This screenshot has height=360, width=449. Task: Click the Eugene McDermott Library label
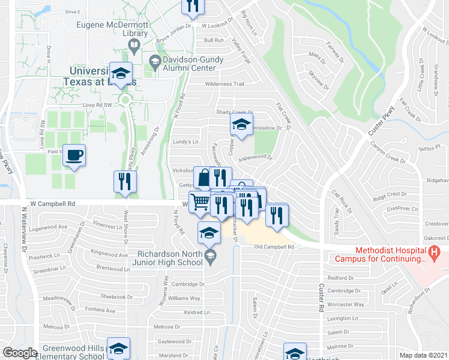[x=112, y=30]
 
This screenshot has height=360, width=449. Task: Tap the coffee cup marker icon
[x=74, y=155]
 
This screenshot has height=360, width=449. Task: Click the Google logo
[x=20, y=353]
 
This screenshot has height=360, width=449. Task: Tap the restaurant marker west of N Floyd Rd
[x=125, y=181]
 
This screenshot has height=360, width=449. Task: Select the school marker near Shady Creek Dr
[x=241, y=125]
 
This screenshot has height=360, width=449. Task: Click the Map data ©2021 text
[x=423, y=355]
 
